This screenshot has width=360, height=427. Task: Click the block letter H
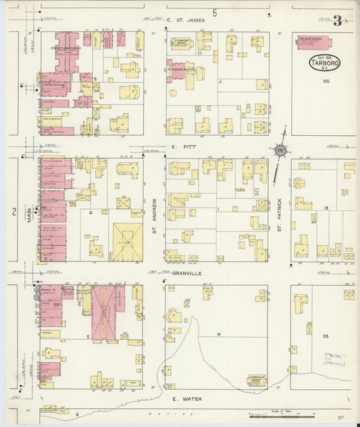(x=219, y=334)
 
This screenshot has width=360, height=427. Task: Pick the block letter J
(x=220, y=80)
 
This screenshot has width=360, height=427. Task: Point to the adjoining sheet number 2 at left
(x=14, y=211)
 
